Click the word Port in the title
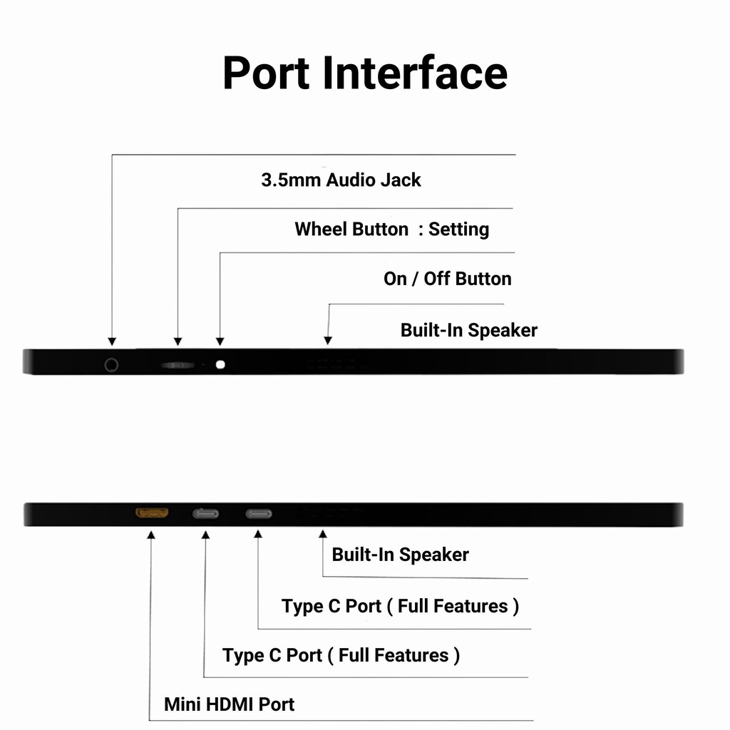click(x=267, y=73)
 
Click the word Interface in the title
click(x=415, y=73)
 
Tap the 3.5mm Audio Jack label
click(x=341, y=180)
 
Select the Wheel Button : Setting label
click(x=391, y=230)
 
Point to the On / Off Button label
click(x=447, y=279)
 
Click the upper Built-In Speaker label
click(x=468, y=331)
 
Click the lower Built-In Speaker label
click(x=400, y=555)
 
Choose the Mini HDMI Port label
click(x=229, y=704)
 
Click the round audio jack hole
click(x=111, y=365)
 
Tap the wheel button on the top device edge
click(x=178, y=365)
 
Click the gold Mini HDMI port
click(x=152, y=513)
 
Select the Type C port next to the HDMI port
click(x=205, y=514)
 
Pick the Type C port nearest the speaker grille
click(x=259, y=514)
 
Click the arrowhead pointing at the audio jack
click(x=111, y=341)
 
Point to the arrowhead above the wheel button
click(x=178, y=341)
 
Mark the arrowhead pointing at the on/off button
click(x=220, y=341)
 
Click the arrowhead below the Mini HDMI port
click(x=151, y=534)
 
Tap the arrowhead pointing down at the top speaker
click(x=328, y=341)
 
